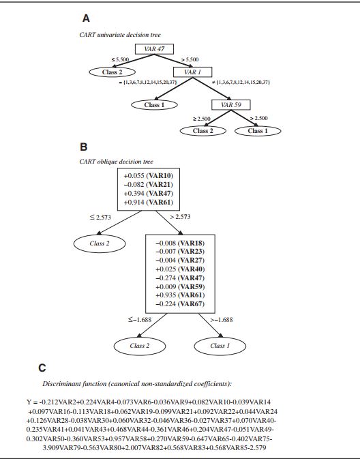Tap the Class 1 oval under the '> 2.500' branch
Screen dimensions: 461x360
click(x=257, y=130)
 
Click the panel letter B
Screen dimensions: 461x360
click(x=84, y=146)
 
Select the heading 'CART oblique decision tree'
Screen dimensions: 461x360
click(x=115, y=161)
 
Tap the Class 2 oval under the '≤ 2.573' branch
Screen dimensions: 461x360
click(x=101, y=243)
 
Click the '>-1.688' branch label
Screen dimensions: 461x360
click(x=222, y=318)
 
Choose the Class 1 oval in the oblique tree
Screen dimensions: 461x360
click(x=220, y=346)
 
